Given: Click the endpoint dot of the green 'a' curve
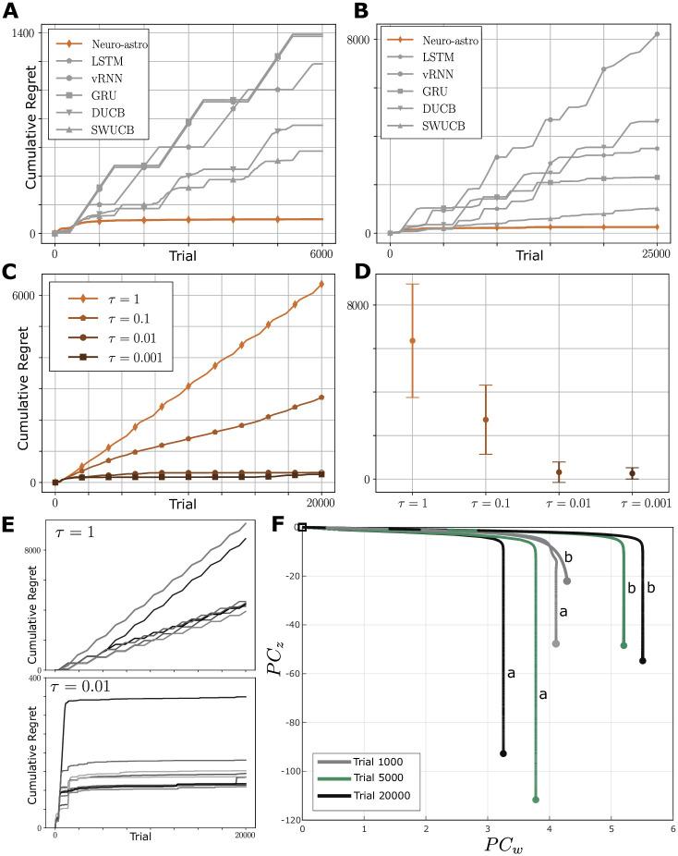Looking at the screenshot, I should point(536,799).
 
